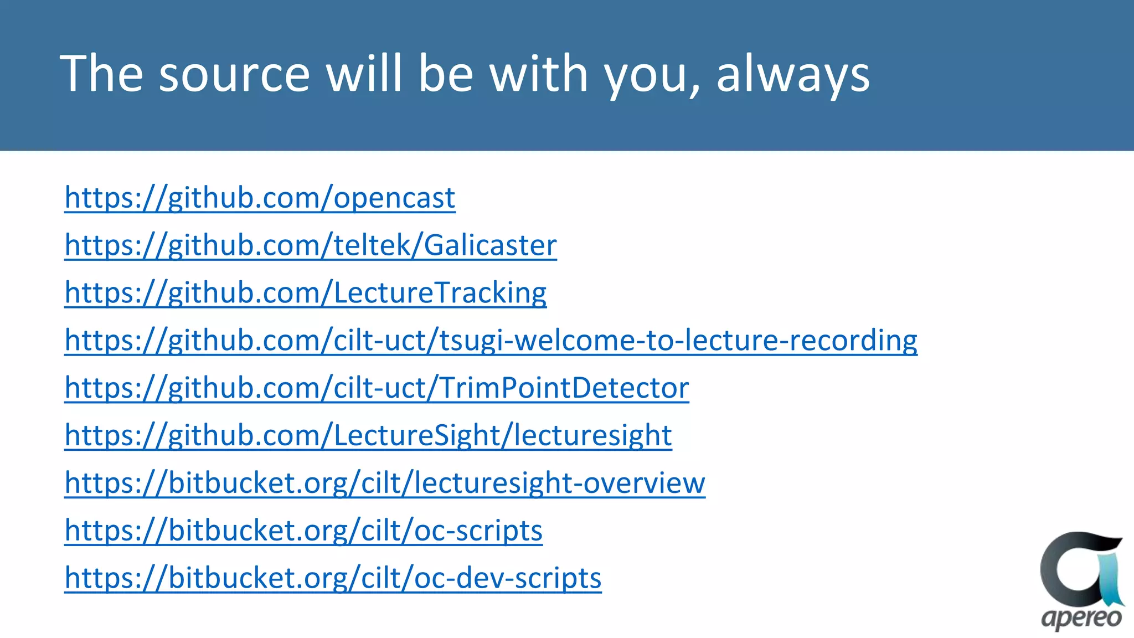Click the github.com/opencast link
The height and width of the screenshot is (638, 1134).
click(260, 198)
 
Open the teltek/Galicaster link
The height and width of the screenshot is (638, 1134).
click(310, 245)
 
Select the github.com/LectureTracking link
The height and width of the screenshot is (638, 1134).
click(305, 293)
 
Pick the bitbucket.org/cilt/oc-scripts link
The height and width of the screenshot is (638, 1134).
click(303, 531)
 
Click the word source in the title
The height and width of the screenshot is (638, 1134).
click(234, 74)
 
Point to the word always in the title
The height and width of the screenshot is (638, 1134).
click(793, 74)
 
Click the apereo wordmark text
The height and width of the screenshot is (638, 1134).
click(1081, 618)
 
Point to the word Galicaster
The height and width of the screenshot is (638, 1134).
click(490, 245)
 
